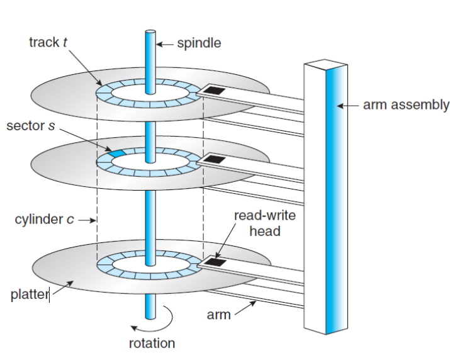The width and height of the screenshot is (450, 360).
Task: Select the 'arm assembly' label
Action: tap(406, 104)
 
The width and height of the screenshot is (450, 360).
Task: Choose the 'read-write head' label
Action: tap(264, 223)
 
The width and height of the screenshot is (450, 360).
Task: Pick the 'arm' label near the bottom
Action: tap(218, 314)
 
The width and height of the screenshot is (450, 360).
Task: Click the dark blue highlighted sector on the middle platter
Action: tap(117, 153)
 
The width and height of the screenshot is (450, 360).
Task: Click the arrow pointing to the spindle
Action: tap(164, 44)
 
